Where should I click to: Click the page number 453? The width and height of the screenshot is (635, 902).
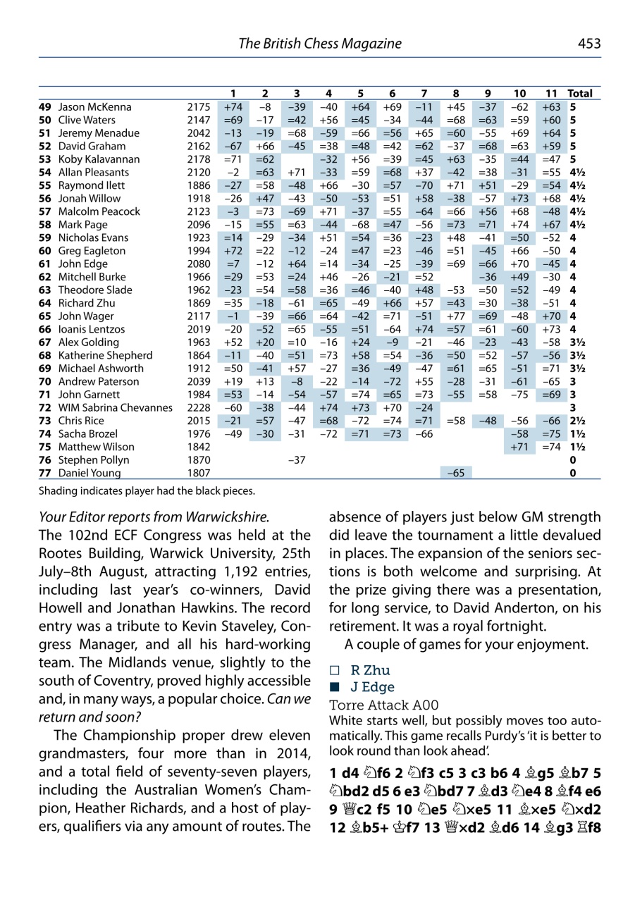[x=589, y=44]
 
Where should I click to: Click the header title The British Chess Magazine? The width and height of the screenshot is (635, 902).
[x=320, y=44]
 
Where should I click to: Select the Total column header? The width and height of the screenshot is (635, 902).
[x=580, y=93]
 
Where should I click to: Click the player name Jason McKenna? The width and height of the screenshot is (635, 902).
[x=94, y=107]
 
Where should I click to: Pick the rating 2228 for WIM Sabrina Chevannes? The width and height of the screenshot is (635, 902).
[x=199, y=407]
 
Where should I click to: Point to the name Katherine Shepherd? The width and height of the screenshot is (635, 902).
[x=101, y=355]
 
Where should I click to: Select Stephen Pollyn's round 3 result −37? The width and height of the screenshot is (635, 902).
[x=296, y=459]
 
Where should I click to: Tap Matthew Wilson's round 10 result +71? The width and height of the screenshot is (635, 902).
[x=519, y=447]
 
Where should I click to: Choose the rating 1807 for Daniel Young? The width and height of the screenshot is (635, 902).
[x=199, y=473]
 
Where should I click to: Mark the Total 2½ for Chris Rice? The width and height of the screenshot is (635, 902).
[x=576, y=421]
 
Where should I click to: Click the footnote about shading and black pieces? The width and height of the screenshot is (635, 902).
[x=147, y=490]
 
